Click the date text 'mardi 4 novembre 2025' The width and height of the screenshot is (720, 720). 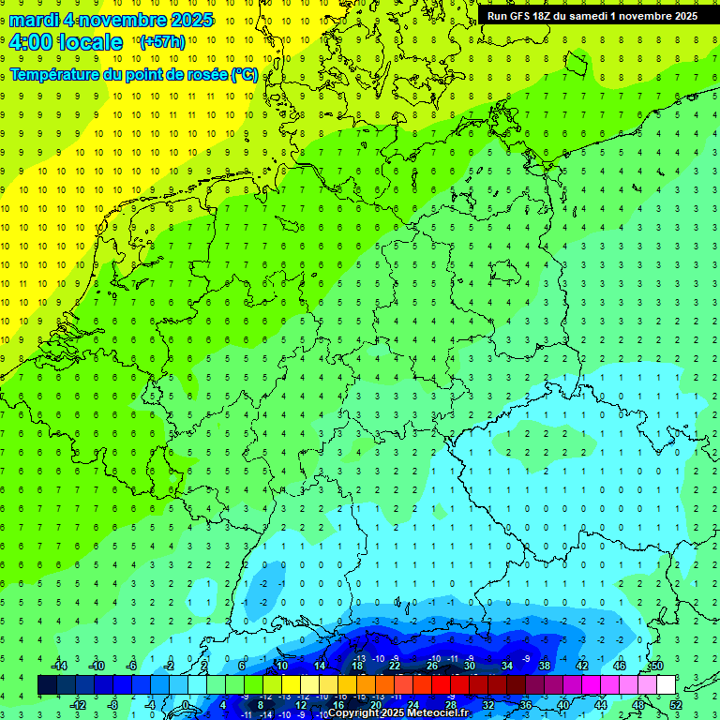pos(111,20)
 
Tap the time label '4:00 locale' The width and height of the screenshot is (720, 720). pos(66,42)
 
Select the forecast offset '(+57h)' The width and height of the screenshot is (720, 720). pos(162,42)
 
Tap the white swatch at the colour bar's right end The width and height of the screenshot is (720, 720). pos(666,685)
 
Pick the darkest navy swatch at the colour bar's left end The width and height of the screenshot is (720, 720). pos(47,685)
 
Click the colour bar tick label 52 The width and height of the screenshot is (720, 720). pos(676,705)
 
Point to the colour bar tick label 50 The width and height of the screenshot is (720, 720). pos(657,665)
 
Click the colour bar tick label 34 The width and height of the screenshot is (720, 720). pos(507,665)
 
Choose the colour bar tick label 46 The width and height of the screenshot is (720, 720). pos(620,665)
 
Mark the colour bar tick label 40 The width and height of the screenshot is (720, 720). pos(563,705)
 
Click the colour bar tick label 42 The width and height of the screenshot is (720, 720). pos(582,665)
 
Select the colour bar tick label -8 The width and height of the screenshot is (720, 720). pos(113,705)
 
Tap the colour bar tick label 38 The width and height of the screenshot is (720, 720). pos(545,665)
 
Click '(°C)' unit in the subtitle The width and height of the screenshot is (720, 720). pos(245,74)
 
